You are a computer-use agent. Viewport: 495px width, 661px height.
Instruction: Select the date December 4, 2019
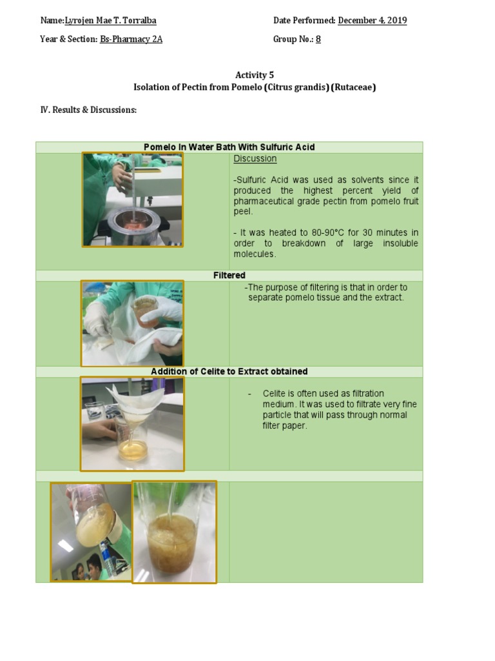click(x=372, y=21)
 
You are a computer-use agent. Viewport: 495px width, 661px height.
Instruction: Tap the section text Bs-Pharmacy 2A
click(x=131, y=39)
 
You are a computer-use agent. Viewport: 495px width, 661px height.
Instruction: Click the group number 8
click(x=318, y=39)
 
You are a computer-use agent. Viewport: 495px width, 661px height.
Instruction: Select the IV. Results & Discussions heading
click(x=88, y=110)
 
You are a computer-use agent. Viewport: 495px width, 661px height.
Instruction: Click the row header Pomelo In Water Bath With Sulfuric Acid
click(x=229, y=147)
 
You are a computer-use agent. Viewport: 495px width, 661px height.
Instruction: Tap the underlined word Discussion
click(x=255, y=159)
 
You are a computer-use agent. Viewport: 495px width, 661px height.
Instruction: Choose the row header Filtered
click(x=229, y=276)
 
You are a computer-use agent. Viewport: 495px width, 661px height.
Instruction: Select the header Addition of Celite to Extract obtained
click(x=229, y=372)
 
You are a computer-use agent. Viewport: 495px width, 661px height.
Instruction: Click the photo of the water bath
click(x=133, y=199)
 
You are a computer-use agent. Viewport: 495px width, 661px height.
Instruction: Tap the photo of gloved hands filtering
click(x=132, y=323)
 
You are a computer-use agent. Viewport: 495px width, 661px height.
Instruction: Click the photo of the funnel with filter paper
click(x=132, y=424)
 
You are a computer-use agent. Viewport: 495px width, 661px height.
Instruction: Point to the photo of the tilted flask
click(x=91, y=532)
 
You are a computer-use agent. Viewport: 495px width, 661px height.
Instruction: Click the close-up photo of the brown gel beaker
click(x=174, y=532)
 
